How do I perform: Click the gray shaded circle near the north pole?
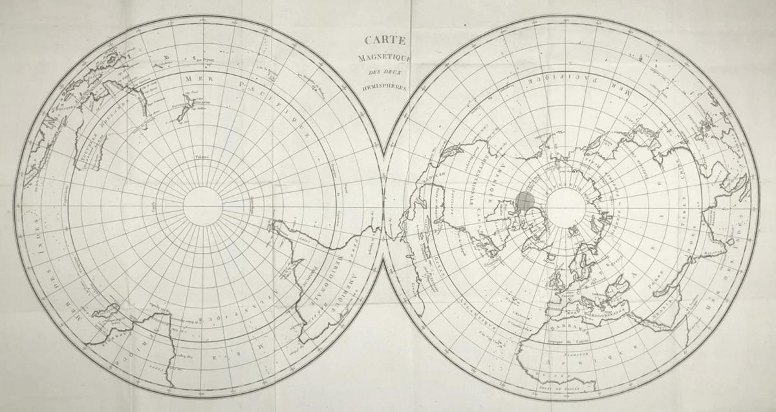pyautogui.click(x=526, y=200)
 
